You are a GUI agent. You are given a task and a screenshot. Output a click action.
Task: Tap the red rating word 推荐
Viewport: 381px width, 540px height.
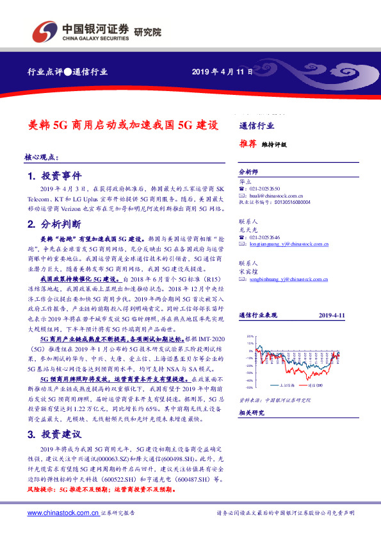[248, 144]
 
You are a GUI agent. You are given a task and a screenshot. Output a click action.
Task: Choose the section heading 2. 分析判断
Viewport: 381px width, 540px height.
[53, 225]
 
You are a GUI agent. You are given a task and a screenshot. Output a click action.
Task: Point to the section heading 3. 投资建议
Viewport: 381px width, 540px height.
[53, 434]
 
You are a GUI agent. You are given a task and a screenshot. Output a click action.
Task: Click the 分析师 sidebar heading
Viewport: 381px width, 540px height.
[248, 173]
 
